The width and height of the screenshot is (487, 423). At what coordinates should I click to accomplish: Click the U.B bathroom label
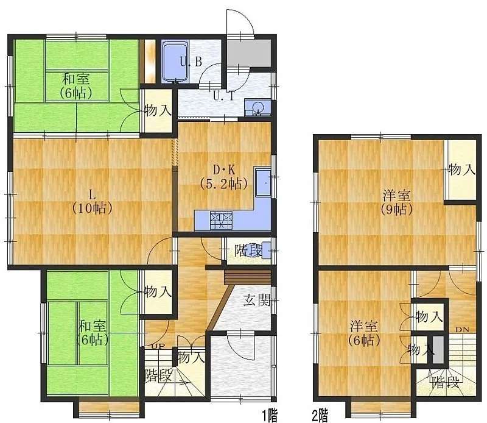(191, 62)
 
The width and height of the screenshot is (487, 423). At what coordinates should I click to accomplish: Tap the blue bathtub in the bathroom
(175, 62)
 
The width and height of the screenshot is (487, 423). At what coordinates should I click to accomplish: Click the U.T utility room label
(223, 96)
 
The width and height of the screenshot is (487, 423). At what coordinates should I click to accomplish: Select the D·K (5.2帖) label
(223, 177)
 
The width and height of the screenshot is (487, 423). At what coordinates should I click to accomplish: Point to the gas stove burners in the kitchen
(221, 220)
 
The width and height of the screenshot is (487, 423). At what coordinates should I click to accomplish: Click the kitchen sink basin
(264, 182)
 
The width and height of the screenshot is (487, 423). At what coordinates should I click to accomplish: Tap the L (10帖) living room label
(92, 202)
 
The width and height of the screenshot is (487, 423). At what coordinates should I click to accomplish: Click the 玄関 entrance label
(257, 300)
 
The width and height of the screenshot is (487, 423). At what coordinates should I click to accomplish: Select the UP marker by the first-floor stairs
(158, 346)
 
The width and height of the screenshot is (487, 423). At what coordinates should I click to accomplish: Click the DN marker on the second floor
(463, 330)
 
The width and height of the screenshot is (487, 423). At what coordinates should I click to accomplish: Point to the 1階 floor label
(269, 416)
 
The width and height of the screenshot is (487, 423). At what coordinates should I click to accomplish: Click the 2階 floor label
(320, 416)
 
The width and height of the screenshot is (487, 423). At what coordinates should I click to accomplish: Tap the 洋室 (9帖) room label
(397, 202)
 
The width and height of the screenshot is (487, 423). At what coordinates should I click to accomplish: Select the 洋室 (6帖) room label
(364, 333)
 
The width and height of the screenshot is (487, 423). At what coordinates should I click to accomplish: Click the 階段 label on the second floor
(446, 382)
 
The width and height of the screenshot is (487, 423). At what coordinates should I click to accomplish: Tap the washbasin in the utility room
(258, 108)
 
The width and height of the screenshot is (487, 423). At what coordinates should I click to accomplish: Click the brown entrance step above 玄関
(248, 277)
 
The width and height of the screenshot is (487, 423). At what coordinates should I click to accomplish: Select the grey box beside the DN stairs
(438, 350)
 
